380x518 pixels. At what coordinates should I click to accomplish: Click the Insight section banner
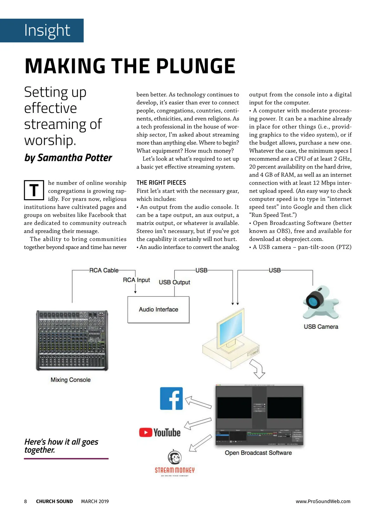click(x=42, y=30)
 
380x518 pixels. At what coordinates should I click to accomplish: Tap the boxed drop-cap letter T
click(x=34, y=190)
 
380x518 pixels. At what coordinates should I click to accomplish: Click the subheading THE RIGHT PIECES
click(x=161, y=182)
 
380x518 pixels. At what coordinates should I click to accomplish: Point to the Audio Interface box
click(x=158, y=310)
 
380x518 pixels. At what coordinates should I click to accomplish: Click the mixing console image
click(x=72, y=340)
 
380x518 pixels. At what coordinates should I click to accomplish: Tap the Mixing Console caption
click(x=71, y=380)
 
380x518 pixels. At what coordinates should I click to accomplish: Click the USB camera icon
click(x=320, y=302)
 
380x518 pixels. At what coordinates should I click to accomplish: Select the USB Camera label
click(x=321, y=327)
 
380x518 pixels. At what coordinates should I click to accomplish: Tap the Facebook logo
click(x=171, y=398)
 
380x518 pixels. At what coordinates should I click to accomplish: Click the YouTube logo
click(x=160, y=432)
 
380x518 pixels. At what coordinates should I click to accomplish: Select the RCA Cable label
click(x=104, y=270)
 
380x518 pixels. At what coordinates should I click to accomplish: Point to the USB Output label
click(x=174, y=282)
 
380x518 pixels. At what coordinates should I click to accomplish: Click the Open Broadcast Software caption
click(x=258, y=453)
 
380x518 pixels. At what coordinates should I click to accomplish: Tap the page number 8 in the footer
click(x=26, y=501)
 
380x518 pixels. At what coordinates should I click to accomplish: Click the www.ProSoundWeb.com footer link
click(x=323, y=501)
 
